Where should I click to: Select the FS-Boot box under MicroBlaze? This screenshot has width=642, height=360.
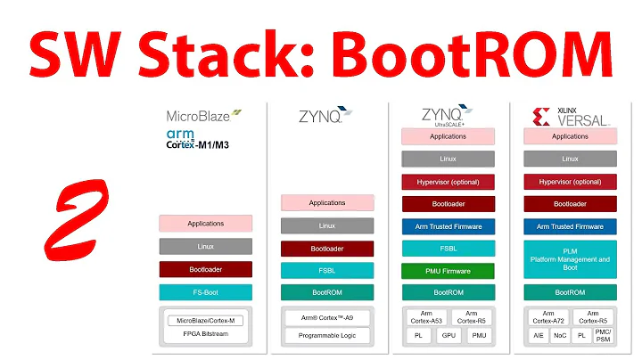[206, 291]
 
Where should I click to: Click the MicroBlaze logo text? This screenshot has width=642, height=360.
[203, 116]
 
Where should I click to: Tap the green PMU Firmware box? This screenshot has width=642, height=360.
[448, 270]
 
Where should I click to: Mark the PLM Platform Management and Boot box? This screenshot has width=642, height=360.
[569, 259]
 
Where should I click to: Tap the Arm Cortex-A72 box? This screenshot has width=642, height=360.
[546, 317]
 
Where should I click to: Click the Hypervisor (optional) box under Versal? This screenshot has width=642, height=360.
[569, 181]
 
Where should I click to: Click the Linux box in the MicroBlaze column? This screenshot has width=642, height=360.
[206, 246]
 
